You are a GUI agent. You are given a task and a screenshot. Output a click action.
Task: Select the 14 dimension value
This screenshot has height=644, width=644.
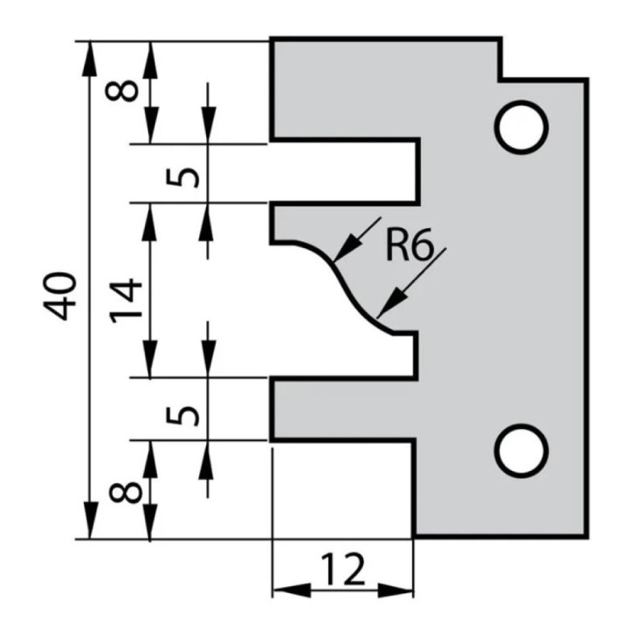pyautogui.click(x=126, y=299)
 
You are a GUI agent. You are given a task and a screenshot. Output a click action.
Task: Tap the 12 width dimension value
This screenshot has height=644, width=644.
pyautogui.click(x=344, y=570)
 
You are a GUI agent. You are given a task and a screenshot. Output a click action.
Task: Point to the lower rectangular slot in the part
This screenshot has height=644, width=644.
pyautogui.click(x=345, y=409)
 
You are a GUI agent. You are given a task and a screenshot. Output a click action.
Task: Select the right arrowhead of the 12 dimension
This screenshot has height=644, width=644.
pyautogui.click(x=402, y=591)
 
